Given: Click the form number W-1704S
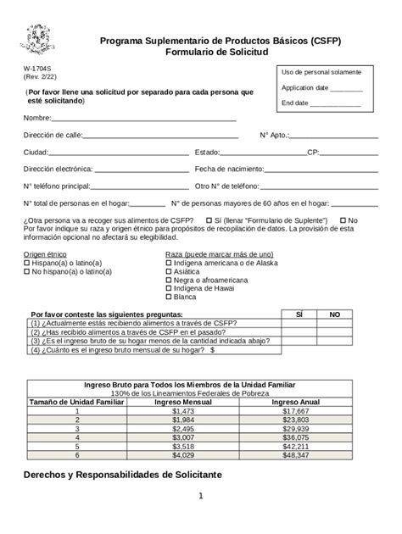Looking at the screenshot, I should coord(36,67).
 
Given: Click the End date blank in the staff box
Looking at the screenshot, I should coord(334,103).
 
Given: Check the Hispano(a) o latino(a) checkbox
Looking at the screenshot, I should coord(26,263).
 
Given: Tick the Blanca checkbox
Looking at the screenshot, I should coord(168,297).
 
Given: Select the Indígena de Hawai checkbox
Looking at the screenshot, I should coord(168,288).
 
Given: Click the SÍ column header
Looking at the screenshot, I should coord(299,314).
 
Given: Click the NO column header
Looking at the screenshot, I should coord(335,314).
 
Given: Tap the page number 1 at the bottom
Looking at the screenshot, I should coord(201,519).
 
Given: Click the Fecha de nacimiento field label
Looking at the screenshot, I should coord(229,169).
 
